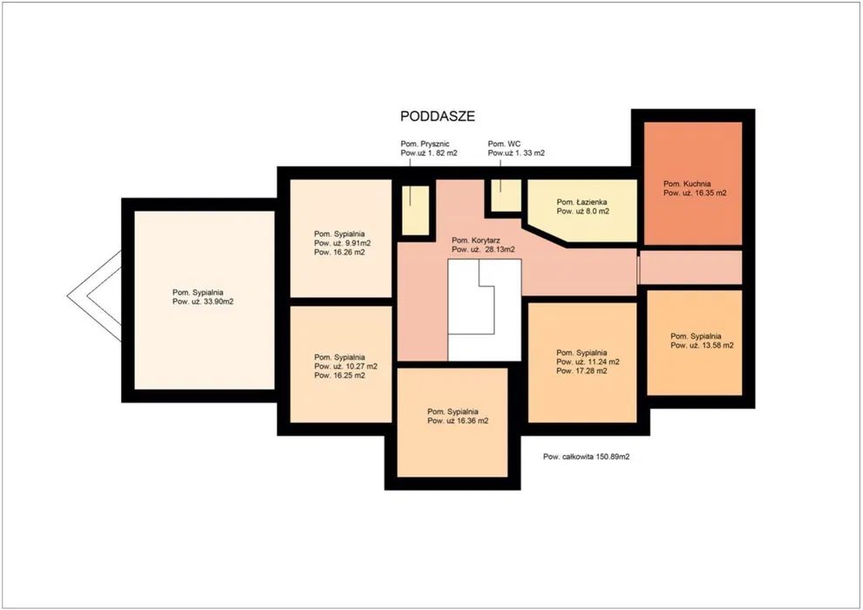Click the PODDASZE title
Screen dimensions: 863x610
[438, 117]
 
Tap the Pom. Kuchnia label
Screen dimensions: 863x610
[687, 184]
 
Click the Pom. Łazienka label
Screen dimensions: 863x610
[581, 202]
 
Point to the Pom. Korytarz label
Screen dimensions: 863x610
[477, 241]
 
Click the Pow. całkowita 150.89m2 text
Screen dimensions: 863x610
[586, 457]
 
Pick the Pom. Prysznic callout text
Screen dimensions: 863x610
[425, 144]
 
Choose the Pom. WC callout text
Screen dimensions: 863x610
[504, 144]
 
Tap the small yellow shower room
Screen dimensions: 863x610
[416, 210]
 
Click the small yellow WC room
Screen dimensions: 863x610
[506, 195]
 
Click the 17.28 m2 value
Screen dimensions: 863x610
[590, 371]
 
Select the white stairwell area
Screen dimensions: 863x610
[485, 310]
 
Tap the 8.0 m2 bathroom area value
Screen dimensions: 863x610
[595, 211]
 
